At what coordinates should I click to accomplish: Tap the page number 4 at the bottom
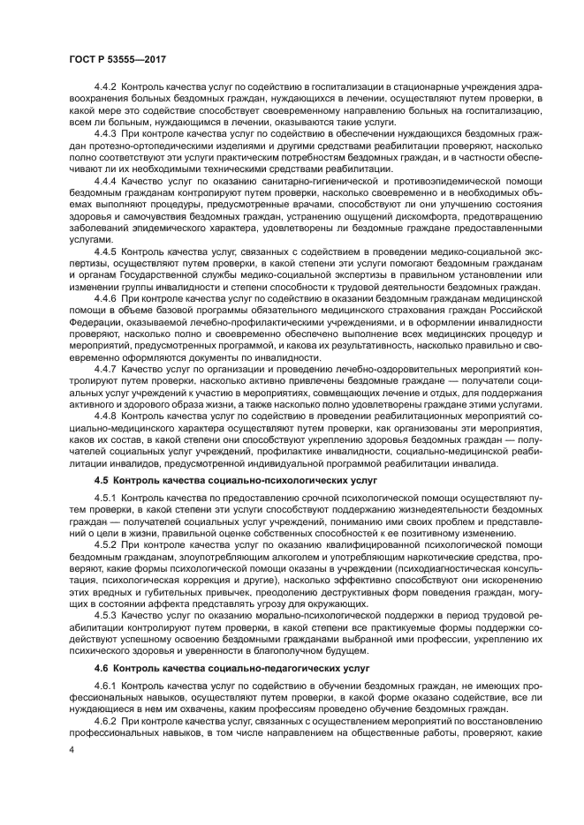click(71, 750)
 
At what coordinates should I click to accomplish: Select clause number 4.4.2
click(107, 87)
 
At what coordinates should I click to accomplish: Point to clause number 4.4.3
click(107, 131)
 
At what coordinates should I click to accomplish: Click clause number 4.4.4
click(107, 180)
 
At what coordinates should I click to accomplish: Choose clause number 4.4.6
click(107, 300)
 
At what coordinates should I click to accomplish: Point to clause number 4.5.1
click(107, 499)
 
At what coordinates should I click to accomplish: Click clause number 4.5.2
click(107, 545)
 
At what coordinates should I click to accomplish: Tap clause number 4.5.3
click(107, 615)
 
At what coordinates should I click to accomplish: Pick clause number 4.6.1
click(107, 686)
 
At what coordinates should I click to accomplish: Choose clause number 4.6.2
click(107, 722)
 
